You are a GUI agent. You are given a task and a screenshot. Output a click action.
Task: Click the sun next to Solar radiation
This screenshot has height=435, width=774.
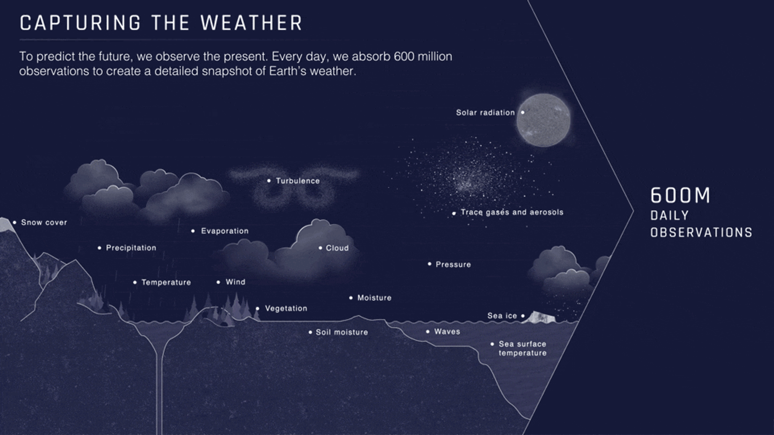pyautogui.click(x=543, y=120)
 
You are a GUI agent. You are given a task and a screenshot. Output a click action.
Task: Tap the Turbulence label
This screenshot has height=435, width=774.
pyautogui.click(x=298, y=181)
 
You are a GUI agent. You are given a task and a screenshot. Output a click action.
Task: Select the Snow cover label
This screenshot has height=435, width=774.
pyautogui.click(x=44, y=222)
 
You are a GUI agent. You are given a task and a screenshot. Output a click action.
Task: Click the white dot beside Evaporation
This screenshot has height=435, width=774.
pyautogui.click(x=193, y=231)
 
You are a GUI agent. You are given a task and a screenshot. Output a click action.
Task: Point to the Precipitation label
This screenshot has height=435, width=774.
pyautogui.click(x=131, y=248)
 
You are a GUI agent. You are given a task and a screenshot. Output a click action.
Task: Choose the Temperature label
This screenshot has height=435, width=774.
pyautogui.click(x=166, y=282)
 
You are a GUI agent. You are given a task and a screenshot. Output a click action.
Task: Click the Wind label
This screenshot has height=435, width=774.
pyautogui.click(x=235, y=282)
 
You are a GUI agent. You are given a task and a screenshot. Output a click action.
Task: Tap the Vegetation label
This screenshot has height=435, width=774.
pyautogui.click(x=286, y=308)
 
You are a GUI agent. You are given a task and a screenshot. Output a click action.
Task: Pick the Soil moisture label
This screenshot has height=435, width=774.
pyautogui.click(x=342, y=332)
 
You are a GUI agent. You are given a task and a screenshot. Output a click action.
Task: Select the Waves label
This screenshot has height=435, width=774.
pyautogui.click(x=447, y=331)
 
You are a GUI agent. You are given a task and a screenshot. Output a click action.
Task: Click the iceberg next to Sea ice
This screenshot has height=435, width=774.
pyautogui.click(x=540, y=317)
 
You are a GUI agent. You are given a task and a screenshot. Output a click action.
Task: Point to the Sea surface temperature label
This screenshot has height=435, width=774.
pyautogui.click(x=523, y=349)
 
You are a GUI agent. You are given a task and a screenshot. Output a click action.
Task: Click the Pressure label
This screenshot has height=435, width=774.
pyautogui.click(x=453, y=265)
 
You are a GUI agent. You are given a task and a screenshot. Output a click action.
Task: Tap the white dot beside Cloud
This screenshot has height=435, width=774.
pyautogui.click(x=320, y=248)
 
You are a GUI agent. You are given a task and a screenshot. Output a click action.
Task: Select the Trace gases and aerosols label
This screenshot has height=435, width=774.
pyautogui.click(x=512, y=212)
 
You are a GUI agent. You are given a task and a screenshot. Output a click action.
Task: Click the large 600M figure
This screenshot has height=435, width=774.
pyautogui.click(x=680, y=195)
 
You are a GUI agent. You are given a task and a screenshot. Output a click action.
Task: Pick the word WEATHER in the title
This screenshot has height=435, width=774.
pyautogui.click(x=251, y=23)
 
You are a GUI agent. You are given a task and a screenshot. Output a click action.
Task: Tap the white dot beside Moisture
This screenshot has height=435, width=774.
pyautogui.click(x=351, y=298)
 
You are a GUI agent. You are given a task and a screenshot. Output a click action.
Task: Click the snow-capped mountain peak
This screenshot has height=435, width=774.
pyautogui.click(x=6, y=224)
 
